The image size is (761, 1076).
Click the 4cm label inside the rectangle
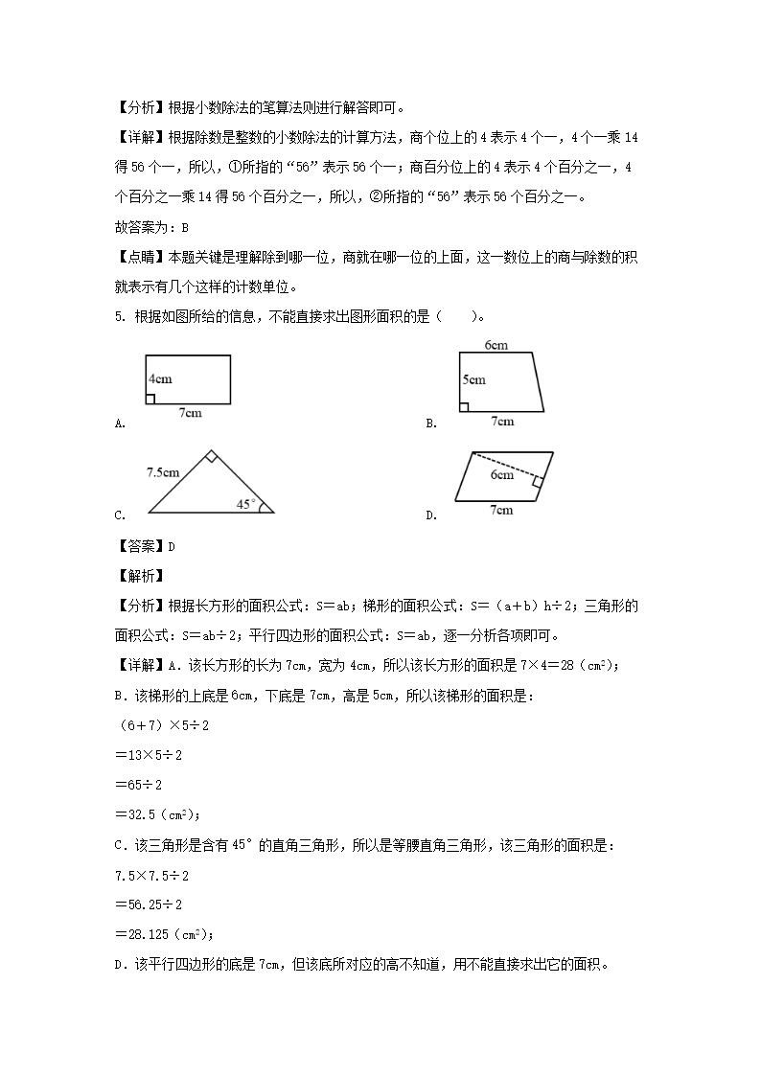[x=160, y=378]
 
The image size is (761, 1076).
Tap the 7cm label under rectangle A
[x=190, y=413]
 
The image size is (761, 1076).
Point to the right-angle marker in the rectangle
[x=150, y=399]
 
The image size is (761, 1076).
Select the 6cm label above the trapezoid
[x=496, y=344]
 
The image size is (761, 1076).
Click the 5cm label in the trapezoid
[x=473, y=379]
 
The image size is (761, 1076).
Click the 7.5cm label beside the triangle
[x=163, y=471]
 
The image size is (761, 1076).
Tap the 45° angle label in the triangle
[x=246, y=502]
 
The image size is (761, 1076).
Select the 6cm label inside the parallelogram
[x=502, y=474]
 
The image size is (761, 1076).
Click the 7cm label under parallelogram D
[x=500, y=510]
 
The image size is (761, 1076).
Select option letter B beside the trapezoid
[x=430, y=424]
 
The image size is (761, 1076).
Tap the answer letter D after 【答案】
[x=172, y=546]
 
